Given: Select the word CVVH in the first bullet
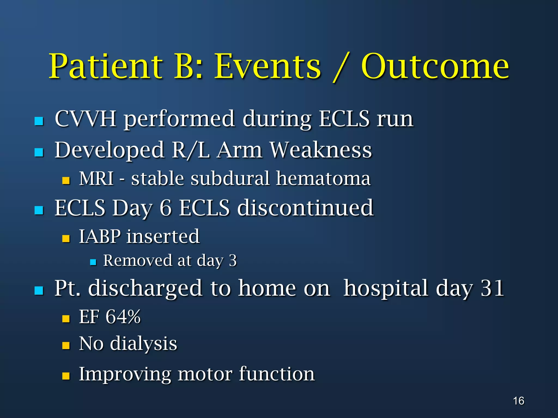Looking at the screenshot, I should [86, 119].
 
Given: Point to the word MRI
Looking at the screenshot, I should [96, 179].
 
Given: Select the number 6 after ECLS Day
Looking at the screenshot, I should [165, 208].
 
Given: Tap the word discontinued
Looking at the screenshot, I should [305, 208].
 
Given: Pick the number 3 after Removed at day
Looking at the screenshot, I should [233, 260].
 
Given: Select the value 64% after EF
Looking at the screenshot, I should [123, 317].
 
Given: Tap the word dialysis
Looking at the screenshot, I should [144, 343].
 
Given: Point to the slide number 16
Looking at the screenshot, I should [518, 401].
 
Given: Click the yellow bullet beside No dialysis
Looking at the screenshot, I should [66, 346].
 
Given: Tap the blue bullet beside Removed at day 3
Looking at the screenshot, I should [93, 262].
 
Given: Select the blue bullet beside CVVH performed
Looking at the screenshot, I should [39, 121].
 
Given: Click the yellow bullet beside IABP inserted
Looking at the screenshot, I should [66, 239].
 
